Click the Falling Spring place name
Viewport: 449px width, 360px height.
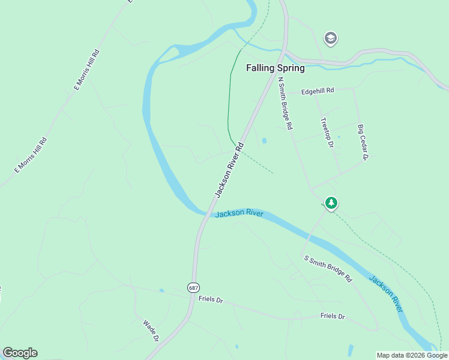click(276, 68)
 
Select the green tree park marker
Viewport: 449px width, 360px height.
click(331, 203)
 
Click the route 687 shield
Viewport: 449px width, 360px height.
click(193, 287)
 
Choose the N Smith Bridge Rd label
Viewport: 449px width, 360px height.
click(285, 104)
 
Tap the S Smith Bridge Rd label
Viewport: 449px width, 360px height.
click(328, 269)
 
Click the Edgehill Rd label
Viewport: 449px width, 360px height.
click(318, 91)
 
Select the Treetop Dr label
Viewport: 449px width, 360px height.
click(327, 133)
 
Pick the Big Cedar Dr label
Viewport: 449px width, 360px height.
click(362, 142)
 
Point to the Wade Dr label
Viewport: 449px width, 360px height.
click(150, 331)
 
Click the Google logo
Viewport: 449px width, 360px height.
click(20, 353)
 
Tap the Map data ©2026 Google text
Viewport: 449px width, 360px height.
click(412, 355)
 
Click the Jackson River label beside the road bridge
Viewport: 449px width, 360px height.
click(239, 214)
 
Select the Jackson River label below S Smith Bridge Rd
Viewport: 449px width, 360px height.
click(386, 294)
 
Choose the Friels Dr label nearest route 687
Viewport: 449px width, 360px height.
click(211, 299)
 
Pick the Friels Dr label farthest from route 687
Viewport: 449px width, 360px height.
click(333, 316)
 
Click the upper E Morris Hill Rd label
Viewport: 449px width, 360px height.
click(86, 70)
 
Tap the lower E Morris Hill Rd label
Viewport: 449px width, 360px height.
click(30, 155)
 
